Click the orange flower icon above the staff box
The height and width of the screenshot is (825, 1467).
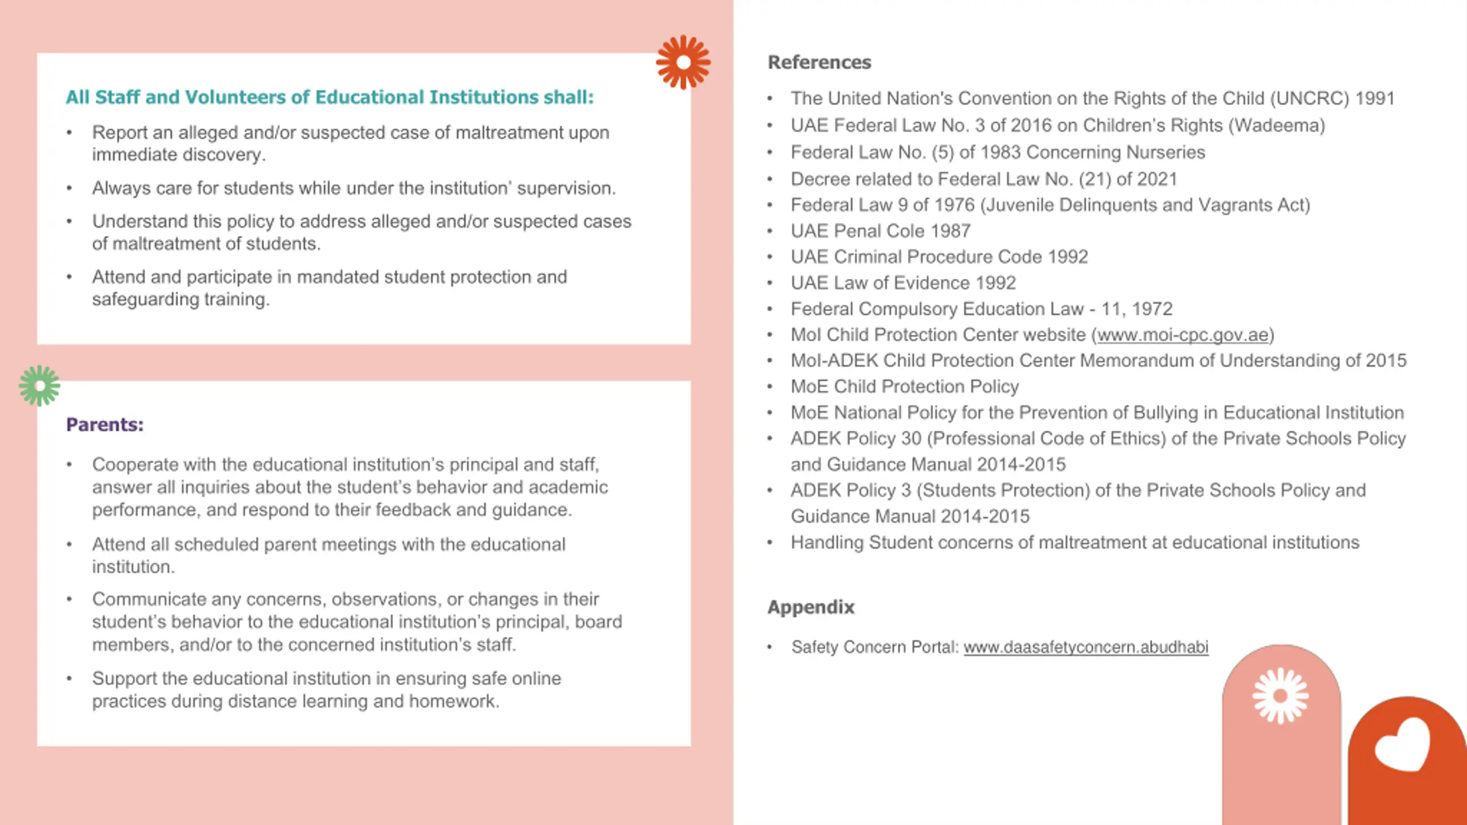click(x=683, y=62)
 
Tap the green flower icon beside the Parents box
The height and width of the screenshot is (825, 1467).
click(x=39, y=386)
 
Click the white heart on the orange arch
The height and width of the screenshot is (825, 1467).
click(x=1403, y=745)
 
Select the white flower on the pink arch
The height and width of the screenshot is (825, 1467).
click(x=1281, y=696)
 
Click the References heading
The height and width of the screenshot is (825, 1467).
click(x=819, y=62)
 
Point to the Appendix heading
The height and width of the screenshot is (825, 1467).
click(x=810, y=607)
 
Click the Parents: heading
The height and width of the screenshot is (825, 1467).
click(x=105, y=425)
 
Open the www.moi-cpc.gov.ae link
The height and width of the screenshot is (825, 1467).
click(x=1183, y=335)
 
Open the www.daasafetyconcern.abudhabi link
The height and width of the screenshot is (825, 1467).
click(x=1085, y=647)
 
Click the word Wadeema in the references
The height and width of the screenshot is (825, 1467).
click(x=1276, y=125)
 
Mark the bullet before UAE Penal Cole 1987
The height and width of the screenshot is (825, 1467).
click(x=770, y=231)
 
